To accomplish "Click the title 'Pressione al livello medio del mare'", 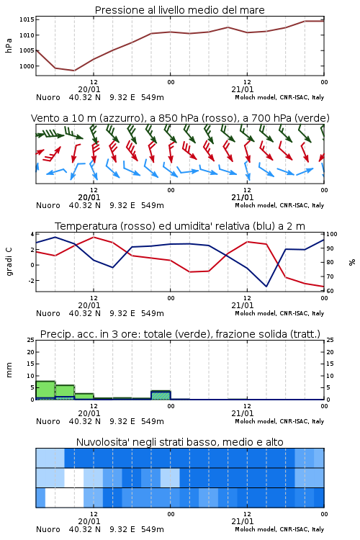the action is [179, 10].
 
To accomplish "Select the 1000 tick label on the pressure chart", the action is [27, 66].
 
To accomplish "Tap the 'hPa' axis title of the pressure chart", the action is [9, 45].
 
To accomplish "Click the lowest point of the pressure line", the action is [74, 71].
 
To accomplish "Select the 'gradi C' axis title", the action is [9, 262].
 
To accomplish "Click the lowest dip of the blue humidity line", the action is [266, 287].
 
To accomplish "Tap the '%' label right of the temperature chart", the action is [352, 262].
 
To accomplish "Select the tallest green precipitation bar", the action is [45, 390].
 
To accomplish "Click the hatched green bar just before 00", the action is [161, 395].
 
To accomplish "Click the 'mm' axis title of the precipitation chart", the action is [9, 370].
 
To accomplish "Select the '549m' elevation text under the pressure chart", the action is [152, 97].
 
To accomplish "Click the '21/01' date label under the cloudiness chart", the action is [243, 521].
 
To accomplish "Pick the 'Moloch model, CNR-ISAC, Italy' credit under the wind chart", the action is [279, 206].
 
